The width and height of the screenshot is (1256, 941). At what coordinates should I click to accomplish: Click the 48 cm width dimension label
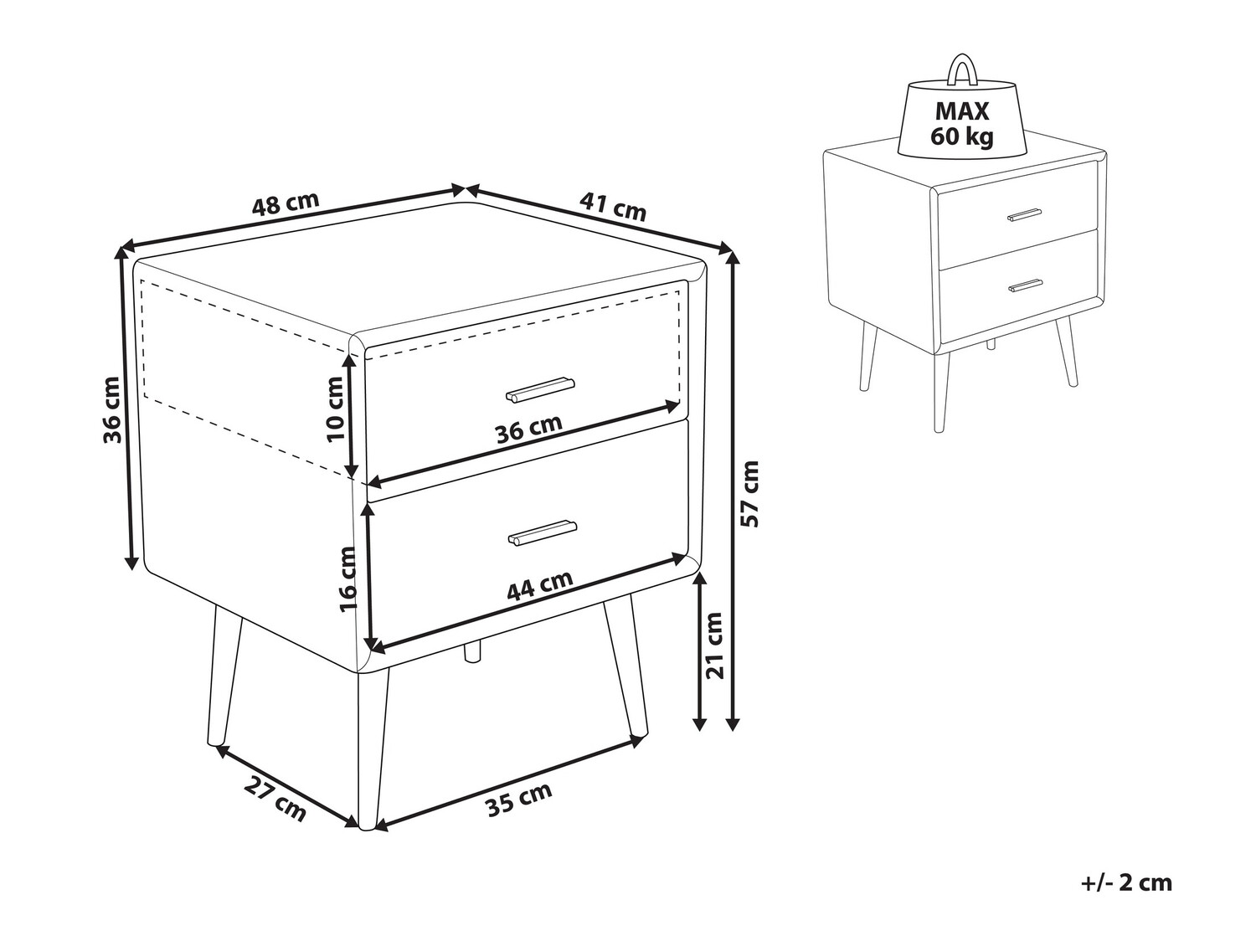[286, 203]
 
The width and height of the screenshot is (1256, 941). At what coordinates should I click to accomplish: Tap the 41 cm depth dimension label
[613, 207]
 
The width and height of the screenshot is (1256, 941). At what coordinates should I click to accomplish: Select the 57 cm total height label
[749, 494]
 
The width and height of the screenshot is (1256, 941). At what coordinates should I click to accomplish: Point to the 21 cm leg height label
[715, 645]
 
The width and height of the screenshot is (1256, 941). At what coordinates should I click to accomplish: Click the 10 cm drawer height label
[335, 409]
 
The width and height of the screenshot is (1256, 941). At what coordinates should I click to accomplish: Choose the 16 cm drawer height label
[347, 579]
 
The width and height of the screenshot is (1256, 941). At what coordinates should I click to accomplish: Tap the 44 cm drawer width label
[539, 585]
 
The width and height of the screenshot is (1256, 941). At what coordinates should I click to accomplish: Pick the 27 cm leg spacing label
[275, 800]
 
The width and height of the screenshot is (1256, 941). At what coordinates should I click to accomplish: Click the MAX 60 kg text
[962, 124]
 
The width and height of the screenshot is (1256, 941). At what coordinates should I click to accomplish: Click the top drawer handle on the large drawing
[540, 389]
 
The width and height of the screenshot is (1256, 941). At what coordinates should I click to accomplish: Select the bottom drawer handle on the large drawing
[542, 532]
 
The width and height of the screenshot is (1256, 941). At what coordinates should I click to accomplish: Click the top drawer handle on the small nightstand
[1024, 214]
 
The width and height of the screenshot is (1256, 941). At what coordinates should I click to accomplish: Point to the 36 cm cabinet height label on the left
[112, 409]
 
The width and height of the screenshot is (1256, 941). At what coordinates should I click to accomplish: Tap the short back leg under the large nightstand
[472, 651]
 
